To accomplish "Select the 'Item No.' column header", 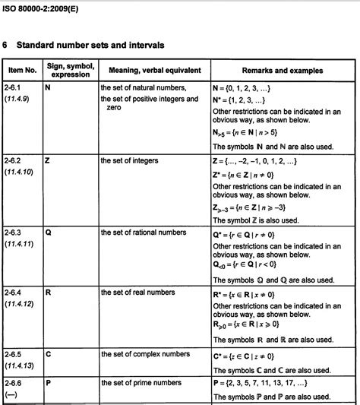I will pyautogui.click(x=21, y=71).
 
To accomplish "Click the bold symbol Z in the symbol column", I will pyautogui.click(x=48, y=162).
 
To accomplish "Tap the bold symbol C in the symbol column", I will pyautogui.click(x=48, y=354).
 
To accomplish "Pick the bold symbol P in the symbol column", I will pyautogui.click(x=48, y=384).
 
